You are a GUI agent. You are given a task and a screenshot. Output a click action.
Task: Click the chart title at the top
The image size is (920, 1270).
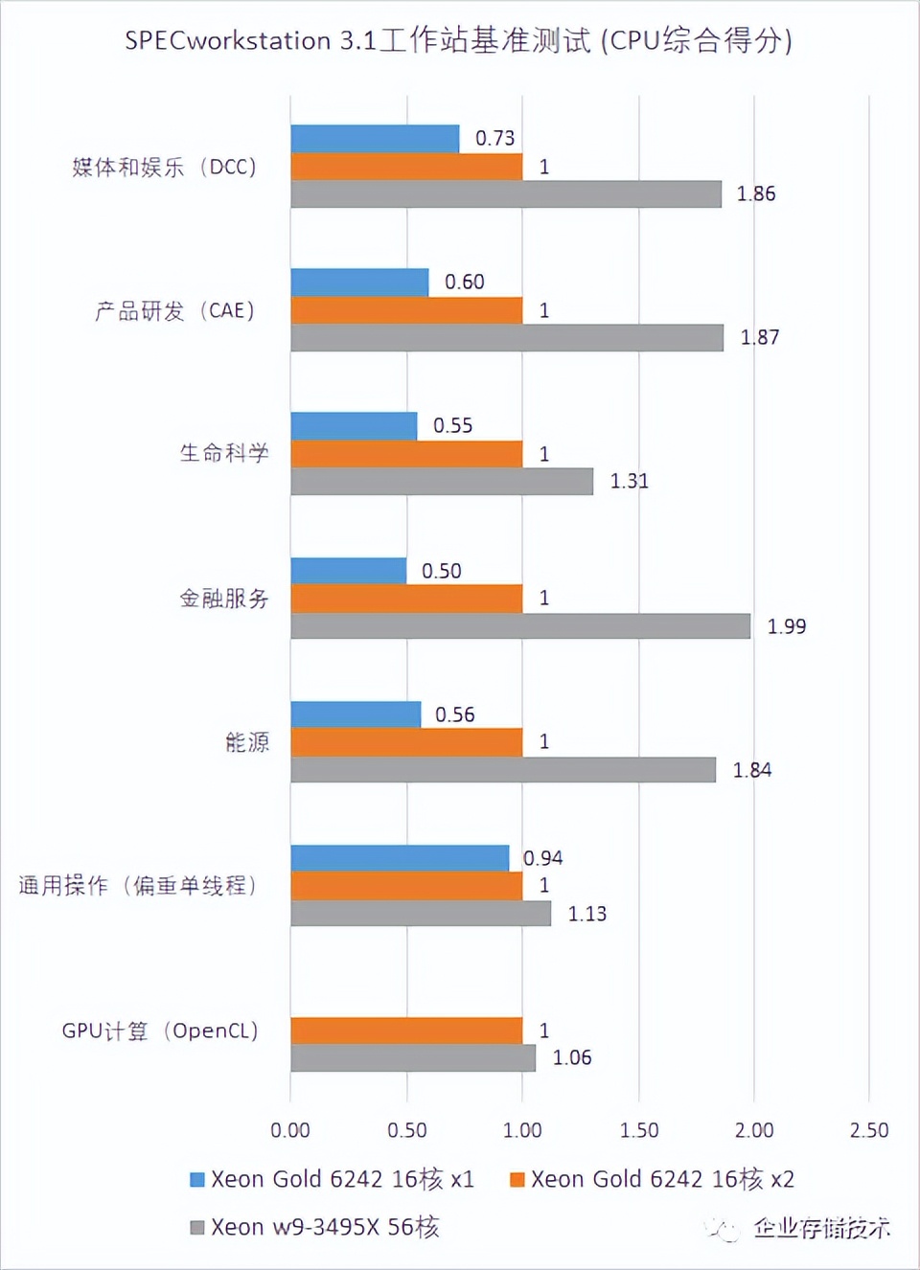point(458,40)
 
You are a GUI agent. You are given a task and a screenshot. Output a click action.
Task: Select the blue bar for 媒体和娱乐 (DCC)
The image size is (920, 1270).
point(375,139)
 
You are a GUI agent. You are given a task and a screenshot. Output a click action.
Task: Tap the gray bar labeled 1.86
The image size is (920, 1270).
point(506,194)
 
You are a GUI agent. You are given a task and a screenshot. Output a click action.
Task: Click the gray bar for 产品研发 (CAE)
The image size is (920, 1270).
point(507,338)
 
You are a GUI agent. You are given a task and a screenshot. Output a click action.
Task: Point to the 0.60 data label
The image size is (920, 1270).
point(465,283)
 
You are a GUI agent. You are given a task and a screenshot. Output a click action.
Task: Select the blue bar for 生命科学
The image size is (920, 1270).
point(354,426)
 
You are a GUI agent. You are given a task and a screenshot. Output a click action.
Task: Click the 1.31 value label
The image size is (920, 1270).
point(630,481)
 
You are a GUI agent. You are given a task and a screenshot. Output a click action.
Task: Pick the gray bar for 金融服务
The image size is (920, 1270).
point(520,626)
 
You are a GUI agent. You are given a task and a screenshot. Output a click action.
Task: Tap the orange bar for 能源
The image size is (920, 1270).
point(406,742)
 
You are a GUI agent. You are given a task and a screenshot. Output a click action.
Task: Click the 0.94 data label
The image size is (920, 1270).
point(543,858)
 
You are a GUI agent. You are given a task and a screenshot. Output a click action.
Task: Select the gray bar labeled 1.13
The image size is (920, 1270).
point(421,914)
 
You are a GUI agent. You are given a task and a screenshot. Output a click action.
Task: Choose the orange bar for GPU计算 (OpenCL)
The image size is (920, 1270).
point(406,1031)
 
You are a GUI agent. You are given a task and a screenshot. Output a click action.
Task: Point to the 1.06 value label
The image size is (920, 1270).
point(572,1058)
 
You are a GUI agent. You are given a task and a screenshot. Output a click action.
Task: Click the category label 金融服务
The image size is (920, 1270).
point(224,599)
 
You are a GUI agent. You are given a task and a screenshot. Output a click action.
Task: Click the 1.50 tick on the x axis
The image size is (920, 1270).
point(639,1130)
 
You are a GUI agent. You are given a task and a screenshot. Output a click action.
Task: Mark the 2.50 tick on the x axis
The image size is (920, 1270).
point(869,1130)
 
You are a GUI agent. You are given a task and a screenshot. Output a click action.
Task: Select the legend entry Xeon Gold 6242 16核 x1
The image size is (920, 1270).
point(333,1179)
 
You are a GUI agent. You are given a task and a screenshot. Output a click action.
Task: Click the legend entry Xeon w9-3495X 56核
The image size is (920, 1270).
point(315,1227)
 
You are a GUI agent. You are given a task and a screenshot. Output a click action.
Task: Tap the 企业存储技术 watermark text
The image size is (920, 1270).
point(821,1228)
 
